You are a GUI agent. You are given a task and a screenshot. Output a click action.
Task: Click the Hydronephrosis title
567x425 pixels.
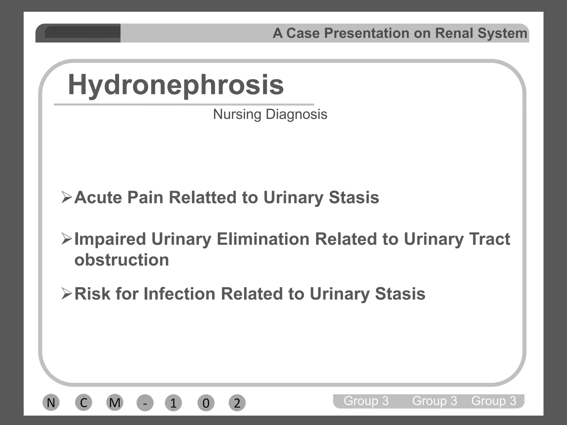click(176, 85)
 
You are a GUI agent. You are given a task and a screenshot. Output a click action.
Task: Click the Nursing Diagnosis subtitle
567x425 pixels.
click(270, 114)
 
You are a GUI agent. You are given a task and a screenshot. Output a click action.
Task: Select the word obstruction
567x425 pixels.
click(122, 260)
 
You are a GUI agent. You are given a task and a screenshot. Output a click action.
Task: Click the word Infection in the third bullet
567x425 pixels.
click(179, 294)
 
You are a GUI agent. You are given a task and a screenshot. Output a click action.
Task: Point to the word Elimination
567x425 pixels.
click(263, 239)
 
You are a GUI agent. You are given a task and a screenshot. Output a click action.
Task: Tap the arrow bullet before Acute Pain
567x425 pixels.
click(67, 197)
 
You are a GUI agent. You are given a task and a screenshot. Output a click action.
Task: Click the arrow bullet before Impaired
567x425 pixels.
click(67, 239)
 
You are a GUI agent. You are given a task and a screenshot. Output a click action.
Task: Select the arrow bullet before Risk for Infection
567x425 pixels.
click(67, 294)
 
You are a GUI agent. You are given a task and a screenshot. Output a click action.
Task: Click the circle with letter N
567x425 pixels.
click(51, 403)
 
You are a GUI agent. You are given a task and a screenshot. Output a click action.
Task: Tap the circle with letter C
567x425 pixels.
click(84, 403)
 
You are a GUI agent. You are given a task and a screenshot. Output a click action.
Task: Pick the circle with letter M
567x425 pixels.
click(115, 403)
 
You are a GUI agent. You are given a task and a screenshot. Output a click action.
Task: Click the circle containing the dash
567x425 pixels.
click(145, 403)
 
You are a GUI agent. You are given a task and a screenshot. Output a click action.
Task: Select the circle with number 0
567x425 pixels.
click(206, 403)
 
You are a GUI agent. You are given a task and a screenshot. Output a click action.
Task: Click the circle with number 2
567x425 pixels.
click(237, 403)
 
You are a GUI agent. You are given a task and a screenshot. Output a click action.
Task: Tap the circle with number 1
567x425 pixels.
click(173, 403)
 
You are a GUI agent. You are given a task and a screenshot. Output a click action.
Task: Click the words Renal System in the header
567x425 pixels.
click(481, 33)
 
